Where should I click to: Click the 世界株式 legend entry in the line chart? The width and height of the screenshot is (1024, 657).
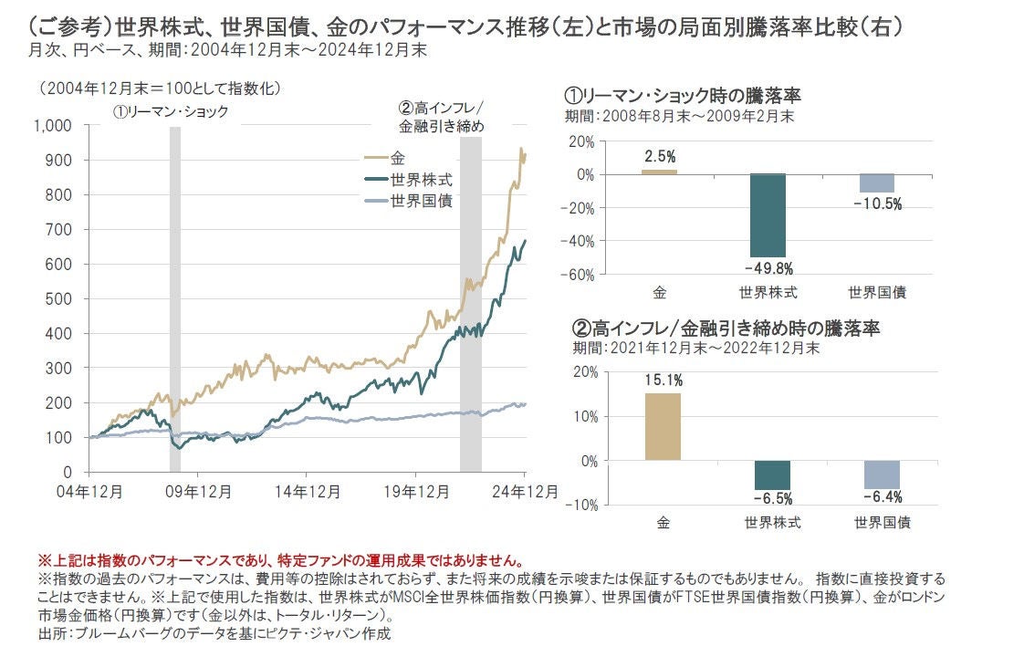[x=421, y=180]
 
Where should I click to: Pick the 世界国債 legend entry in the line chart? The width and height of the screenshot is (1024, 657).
[x=421, y=201]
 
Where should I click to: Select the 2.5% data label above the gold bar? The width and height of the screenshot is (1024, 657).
[x=660, y=157]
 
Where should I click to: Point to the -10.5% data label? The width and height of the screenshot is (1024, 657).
[x=878, y=204]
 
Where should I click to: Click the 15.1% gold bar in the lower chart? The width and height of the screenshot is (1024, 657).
[x=663, y=426]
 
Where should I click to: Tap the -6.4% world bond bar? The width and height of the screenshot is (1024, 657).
[x=882, y=474]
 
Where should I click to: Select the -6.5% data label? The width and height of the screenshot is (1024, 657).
[x=773, y=498]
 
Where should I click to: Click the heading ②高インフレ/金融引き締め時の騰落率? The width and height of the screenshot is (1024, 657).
[x=726, y=328]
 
